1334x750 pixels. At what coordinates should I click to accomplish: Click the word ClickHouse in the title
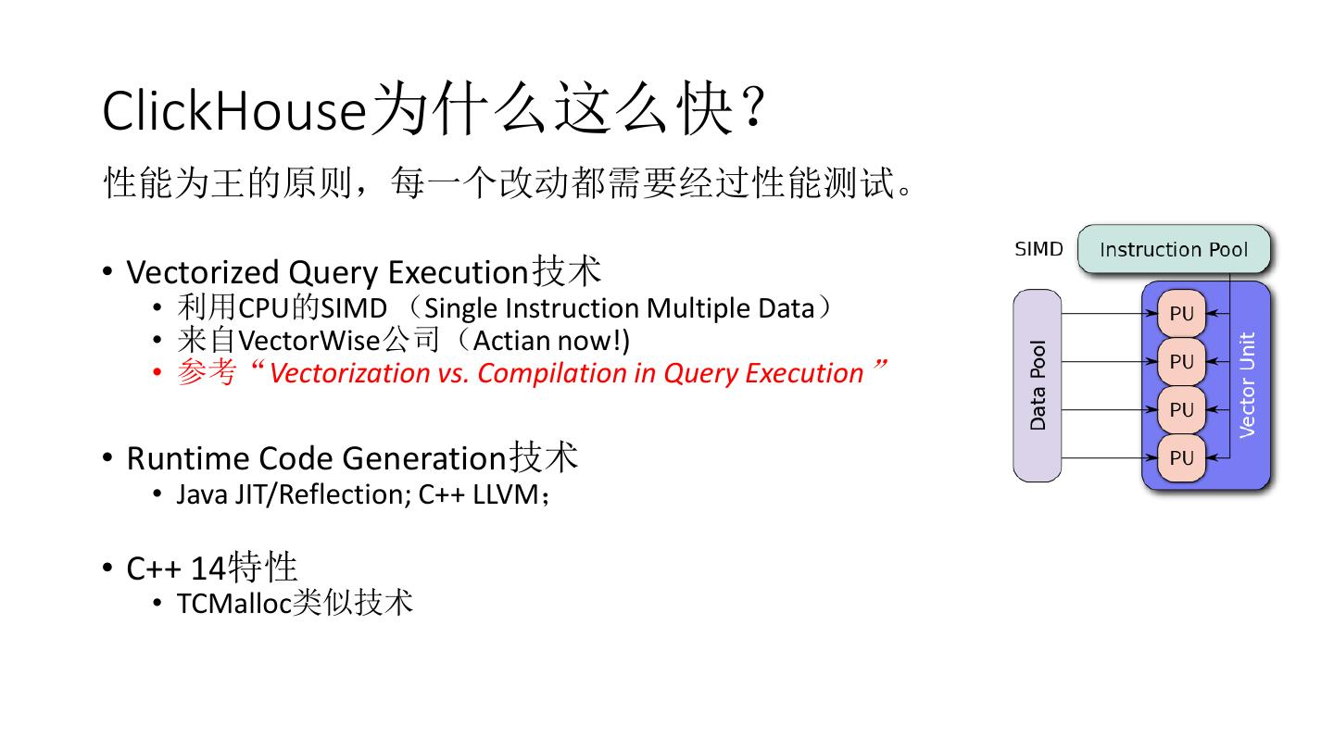pyautogui.click(x=234, y=111)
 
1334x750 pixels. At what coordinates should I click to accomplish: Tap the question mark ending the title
pyautogui.click(x=754, y=107)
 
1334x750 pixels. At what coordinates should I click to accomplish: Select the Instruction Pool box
pyautogui.click(x=1173, y=249)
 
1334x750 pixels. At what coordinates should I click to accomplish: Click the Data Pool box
pyautogui.click(x=1038, y=386)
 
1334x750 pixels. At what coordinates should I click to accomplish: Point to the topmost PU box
pyautogui.click(x=1181, y=314)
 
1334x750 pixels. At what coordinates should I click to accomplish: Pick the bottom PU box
pyautogui.click(x=1181, y=457)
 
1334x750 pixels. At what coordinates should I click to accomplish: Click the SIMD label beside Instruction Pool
pyautogui.click(x=1038, y=249)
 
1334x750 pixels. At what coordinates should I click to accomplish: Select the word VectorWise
pyautogui.click(x=309, y=341)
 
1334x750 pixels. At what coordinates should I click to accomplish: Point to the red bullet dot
pyautogui.click(x=157, y=373)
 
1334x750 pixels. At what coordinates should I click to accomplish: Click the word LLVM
pyautogui.click(x=506, y=494)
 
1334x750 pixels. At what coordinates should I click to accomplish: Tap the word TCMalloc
pyautogui.click(x=234, y=604)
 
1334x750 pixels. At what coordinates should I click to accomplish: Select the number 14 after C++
pyautogui.click(x=208, y=568)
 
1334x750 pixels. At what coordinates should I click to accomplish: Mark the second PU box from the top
pyautogui.click(x=1181, y=361)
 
